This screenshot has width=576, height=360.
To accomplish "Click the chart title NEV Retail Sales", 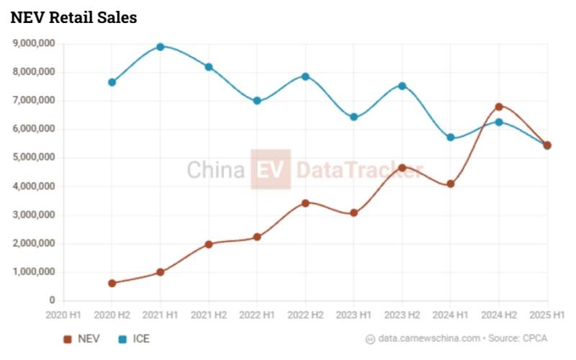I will (x=73, y=18).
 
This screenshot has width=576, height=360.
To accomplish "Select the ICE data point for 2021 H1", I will (x=161, y=47).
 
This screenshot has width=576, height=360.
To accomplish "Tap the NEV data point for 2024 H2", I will (x=499, y=107).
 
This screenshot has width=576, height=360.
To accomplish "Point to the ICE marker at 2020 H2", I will (x=112, y=82).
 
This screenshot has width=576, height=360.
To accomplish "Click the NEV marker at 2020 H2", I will (x=112, y=283).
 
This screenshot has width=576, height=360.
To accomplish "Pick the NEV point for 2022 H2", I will (x=305, y=203).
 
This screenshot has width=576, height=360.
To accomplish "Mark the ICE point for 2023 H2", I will (x=402, y=86).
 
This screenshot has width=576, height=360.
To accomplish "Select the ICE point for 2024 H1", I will (x=451, y=138).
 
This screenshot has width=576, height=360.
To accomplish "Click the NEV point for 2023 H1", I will (x=354, y=213).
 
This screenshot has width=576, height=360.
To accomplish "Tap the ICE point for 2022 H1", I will (x=257, y=101).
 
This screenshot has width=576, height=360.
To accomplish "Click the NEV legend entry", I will (x=81, y=338).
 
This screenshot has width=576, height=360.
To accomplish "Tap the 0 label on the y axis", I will (x=53, y=300).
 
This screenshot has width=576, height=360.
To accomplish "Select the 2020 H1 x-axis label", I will (x=64, y=315).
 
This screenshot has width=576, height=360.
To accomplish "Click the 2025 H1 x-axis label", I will (x=547, y=315).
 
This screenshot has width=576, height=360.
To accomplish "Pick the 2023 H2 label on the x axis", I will (x=402, y=315).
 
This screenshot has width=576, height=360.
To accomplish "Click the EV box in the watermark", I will (x=271, y=170).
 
